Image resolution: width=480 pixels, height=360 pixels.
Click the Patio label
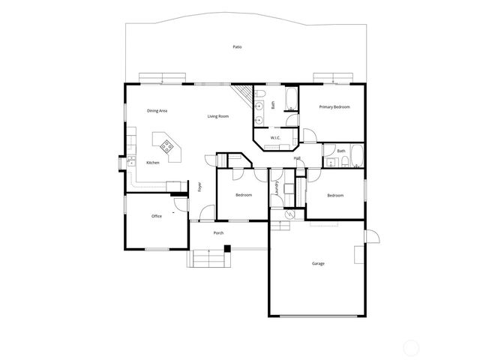pos(237,47)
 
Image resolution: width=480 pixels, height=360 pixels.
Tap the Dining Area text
pos(157,111)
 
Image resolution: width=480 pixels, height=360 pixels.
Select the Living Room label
pos(218,116)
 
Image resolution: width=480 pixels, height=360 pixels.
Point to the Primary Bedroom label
pos(334,107)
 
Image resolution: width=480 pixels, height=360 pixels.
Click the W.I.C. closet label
pos(275,137)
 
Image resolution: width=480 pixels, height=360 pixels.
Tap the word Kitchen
pos(153,163)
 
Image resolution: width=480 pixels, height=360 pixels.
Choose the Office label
pos(157,216)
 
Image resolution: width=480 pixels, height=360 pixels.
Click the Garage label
pos(318,263)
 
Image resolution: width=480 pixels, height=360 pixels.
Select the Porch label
pos(218,233)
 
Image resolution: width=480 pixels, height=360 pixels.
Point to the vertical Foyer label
pos(199,187)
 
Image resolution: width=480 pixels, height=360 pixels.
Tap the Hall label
pos(297,158)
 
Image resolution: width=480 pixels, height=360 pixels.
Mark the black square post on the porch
pos(227,248)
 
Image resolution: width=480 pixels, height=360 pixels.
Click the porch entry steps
pos(208,259)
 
